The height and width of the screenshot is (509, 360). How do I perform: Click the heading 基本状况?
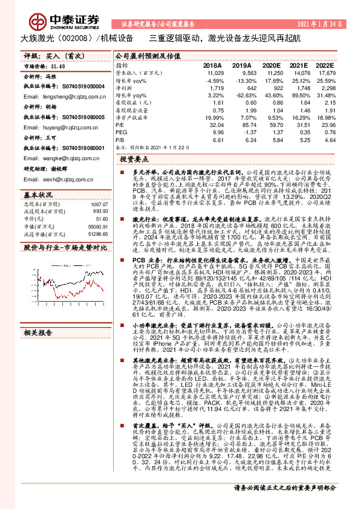[38, 195]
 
